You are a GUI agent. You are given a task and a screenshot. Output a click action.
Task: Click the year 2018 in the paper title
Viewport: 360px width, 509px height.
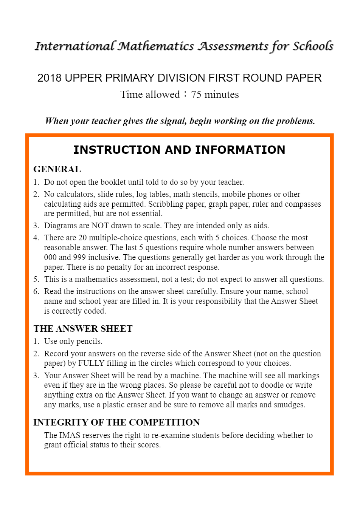(50, 78)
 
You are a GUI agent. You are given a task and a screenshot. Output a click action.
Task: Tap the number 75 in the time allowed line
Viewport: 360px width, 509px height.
(196, 94)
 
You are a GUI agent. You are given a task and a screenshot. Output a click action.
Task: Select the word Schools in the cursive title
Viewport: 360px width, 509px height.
(313, 46)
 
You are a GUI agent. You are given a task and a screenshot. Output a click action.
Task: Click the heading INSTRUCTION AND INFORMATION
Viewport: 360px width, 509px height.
(179, 150)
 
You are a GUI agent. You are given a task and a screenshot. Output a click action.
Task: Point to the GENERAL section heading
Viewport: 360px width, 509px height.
(57, 169)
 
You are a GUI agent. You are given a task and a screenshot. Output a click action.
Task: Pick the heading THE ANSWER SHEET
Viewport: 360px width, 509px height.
(83, 329)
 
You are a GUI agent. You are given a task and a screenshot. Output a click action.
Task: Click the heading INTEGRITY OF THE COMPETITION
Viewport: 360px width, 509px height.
(116, 422)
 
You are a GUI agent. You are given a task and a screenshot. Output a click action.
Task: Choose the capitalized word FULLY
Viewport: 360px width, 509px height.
(91, 363)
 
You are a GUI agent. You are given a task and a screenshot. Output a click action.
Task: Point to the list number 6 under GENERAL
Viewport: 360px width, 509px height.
(36, 291)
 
